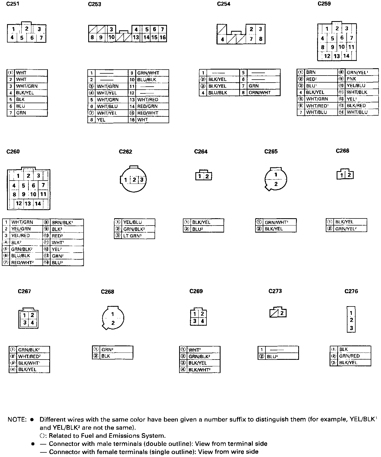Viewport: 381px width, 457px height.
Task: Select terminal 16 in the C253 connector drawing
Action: (x=162, y=37)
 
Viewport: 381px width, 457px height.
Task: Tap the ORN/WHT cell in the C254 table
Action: (x=260, y=93)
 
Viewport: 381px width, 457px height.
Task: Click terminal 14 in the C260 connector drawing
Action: (x=38, y=204)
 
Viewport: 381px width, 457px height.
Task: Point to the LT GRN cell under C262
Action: (x=132, y=236)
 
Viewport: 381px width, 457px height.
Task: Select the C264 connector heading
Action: (x=201, y=152)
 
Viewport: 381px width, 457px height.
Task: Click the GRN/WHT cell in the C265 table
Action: (x=276, y=222)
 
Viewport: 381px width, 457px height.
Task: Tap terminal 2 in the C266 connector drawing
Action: (x=349, y=175)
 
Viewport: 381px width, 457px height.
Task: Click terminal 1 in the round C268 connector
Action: (x=113, y=314)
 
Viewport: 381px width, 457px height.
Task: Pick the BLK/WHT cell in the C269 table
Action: (x=199, y=370)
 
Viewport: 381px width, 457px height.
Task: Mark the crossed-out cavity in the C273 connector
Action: (x=274, y=313)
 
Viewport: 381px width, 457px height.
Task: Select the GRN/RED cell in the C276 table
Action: (x=349, y=356)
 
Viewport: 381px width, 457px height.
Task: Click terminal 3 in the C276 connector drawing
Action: (x=351, y=328)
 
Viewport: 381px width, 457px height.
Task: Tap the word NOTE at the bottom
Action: (x=17, y=420)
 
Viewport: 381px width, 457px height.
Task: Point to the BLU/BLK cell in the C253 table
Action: (x=146, y=80)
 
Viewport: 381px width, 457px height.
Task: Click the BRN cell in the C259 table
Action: (x=311, y=72)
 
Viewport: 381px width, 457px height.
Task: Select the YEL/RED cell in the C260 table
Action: (x=21, y=236)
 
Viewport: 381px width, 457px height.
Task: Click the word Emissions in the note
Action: (x=125, y=436)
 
